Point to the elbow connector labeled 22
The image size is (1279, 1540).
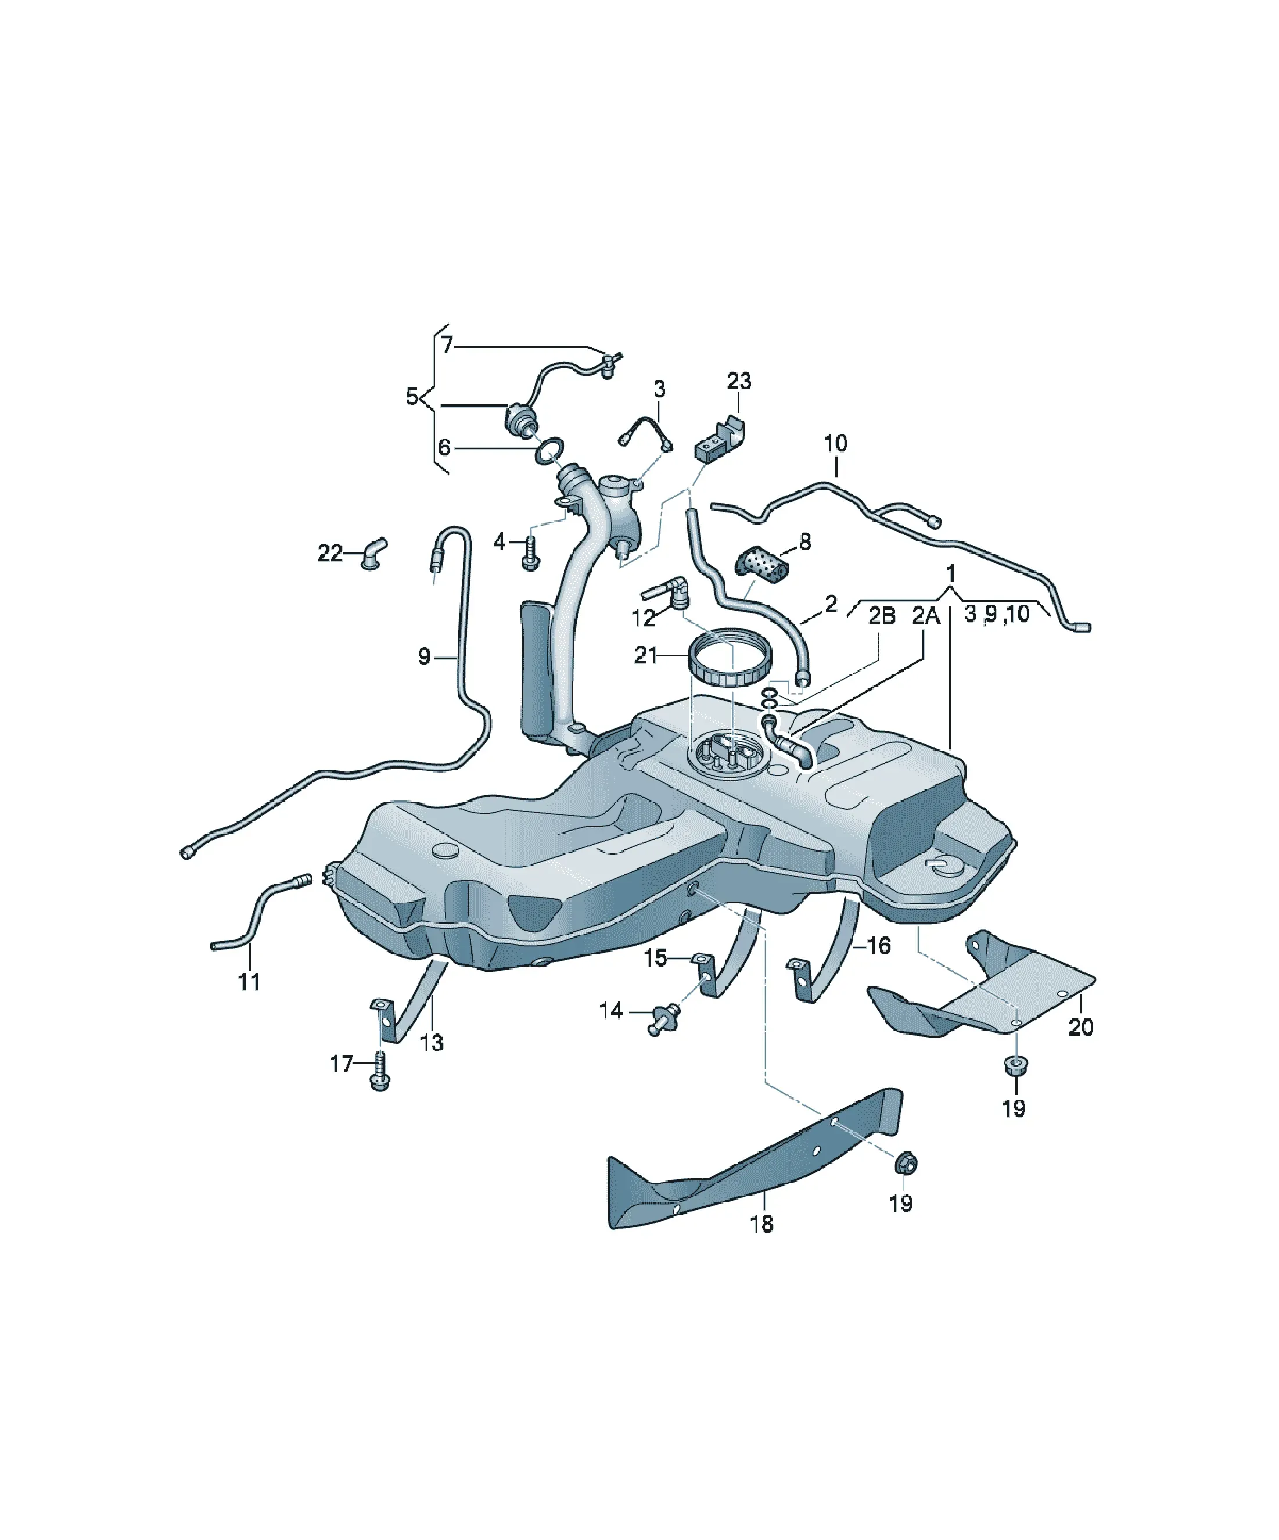coord(373,554)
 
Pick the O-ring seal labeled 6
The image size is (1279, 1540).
coord(550,451)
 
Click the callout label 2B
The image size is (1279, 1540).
coord(882,615)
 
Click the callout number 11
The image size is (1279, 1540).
coord(249,981)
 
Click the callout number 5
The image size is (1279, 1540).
coord(413,397)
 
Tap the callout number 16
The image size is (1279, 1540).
coord(879,945)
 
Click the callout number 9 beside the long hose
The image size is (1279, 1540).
coord(425,656)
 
